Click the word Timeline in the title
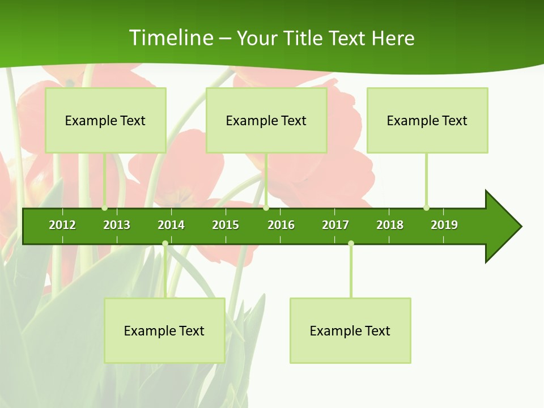[x=171, y=38]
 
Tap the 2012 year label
[x=62, y=225]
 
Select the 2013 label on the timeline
[x=117, y=225]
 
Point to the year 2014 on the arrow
[x=171, y=225]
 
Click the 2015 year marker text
[x=226, y=225]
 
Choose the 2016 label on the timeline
[x=281, y=225]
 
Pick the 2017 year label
[x=335, y=225]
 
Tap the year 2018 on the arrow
[x=390, y=225]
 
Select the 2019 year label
[x=444, y=225]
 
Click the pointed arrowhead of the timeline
[x=504, y=227]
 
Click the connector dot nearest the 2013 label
[x=105, y=208]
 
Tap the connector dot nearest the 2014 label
[x=165, y=244]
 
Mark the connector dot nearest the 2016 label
[x=266, y=208]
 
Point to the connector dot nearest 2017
[x=351, y=244]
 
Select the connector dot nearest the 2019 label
[x=426, y=208]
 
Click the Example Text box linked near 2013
[x=105, y=121]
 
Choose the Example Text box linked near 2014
[x=164, y=330]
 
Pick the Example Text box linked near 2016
[x=266, y=121]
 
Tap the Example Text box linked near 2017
[x=350, y=330]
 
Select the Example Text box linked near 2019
[x=427, y=121]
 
